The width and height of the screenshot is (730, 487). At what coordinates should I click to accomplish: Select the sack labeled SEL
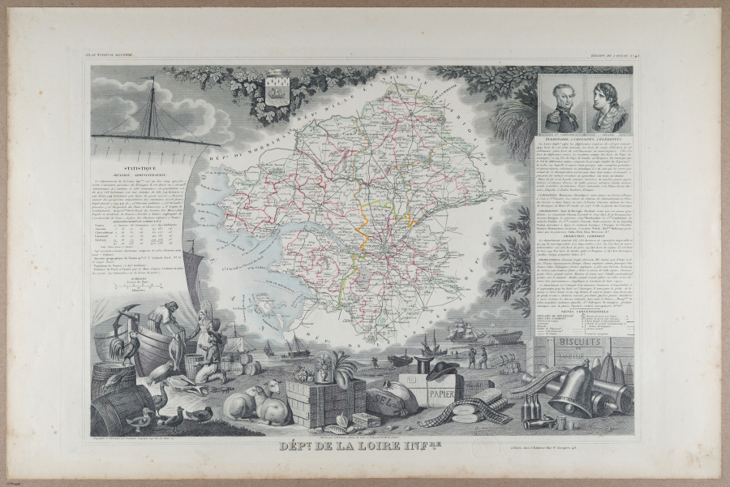389,399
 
